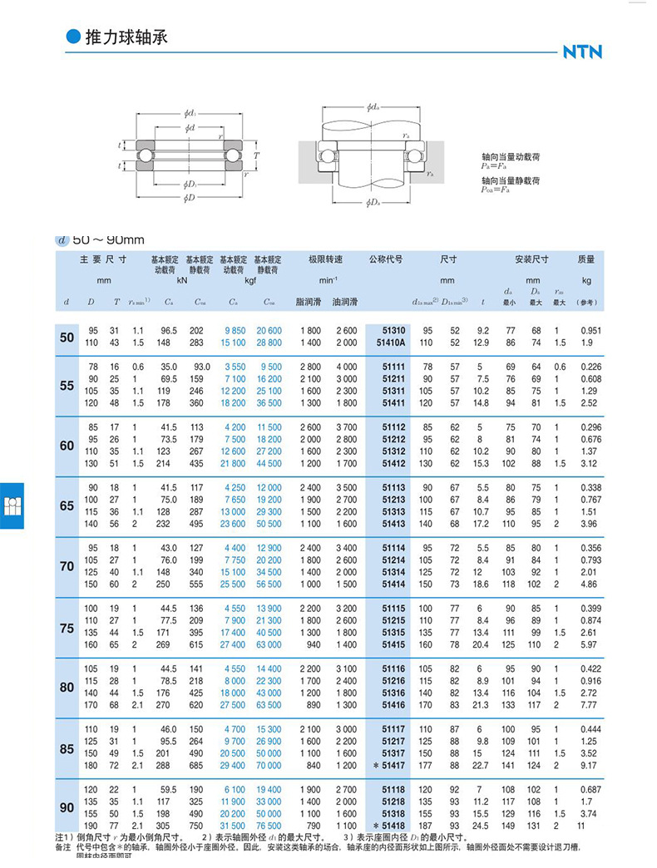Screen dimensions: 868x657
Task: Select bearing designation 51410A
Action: point(390,342)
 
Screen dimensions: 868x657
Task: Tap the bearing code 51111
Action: point(393,366)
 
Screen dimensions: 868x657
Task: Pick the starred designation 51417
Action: point(390,765)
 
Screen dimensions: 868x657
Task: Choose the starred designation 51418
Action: point(390,826)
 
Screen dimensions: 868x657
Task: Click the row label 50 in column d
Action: point(67,337)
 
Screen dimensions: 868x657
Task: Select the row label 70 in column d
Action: point(67,566)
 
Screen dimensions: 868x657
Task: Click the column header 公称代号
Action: point(386,259)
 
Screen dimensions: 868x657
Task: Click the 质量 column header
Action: point(586,259)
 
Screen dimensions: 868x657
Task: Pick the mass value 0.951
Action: point(588,330)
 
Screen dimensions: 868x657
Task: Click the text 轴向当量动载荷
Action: point(511,156)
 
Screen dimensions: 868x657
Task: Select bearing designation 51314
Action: point(393,574)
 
